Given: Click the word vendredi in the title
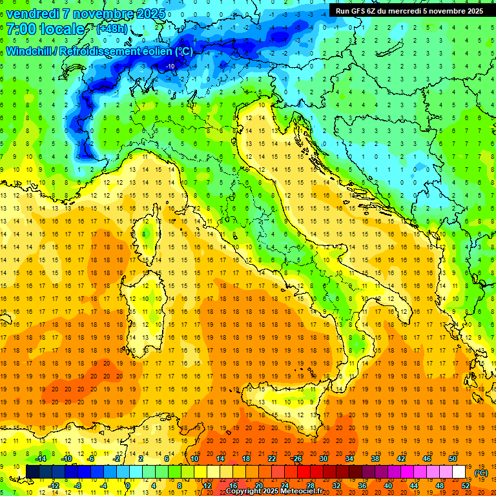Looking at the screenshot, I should point(36,14).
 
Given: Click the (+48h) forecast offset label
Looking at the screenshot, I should point(111,29).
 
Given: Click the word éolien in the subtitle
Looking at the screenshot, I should point(153,51).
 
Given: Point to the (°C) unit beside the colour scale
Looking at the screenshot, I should point(480,473).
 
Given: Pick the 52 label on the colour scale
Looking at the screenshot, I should point(465,486).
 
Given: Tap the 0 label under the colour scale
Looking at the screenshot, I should point(127,486).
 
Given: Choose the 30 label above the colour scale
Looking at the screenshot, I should point(324,459).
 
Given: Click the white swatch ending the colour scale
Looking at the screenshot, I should point(459,472).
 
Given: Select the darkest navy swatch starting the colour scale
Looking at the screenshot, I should point(32,472).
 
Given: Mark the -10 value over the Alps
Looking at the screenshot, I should point(170,66).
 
